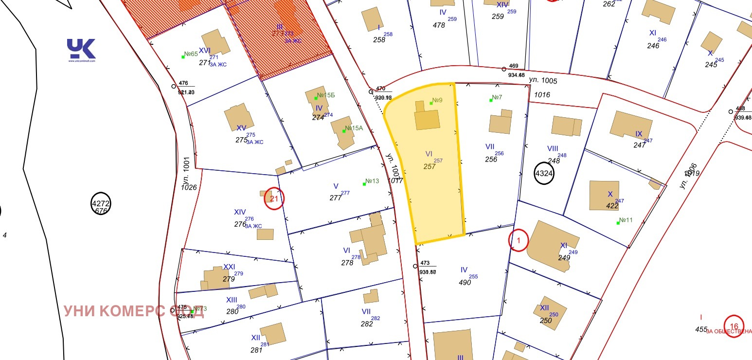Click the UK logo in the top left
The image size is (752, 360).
click(81, 49)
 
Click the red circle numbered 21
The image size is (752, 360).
click(274, 198)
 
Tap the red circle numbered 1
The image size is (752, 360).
click(519, 240)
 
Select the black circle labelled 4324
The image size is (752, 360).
click(544, 173)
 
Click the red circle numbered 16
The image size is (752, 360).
click(734, 326)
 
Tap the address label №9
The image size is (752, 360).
click(437, 101)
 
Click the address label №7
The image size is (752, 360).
click(497, 98)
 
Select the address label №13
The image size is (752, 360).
click(372, 181)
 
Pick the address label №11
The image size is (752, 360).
click(626, 220)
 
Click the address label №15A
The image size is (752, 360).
click(354, 128)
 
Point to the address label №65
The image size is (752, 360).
click(191, 54)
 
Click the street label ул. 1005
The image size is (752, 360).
click(543, 81)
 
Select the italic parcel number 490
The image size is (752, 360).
click(465, 282)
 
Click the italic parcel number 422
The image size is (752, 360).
click(611, 206)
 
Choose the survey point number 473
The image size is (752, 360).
click(425, 263)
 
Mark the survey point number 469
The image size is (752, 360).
click(514, 66)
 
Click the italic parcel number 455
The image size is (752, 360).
click(701, 329)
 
